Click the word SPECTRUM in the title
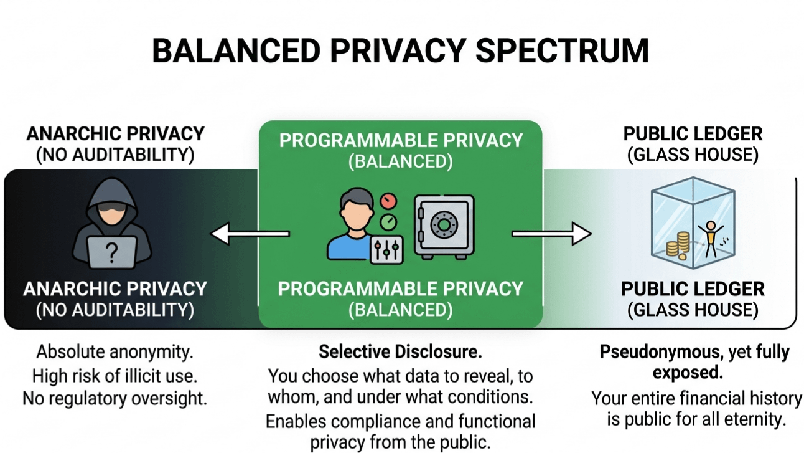[x=562, y=50]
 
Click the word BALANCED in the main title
[x=236, y=50]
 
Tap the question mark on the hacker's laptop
[x=112, y=253]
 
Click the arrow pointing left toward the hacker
[x=250, y=234]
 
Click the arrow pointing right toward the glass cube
[x=552, y=234]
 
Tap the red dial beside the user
[x=388, y=201]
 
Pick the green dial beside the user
[x=388, y=222]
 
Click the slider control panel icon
[x=386, y=250]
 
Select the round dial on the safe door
[x=444, y=225]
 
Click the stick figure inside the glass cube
[x=711, y=239]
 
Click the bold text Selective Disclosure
[x=400, y=351]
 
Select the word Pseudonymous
[x=660, y=352]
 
